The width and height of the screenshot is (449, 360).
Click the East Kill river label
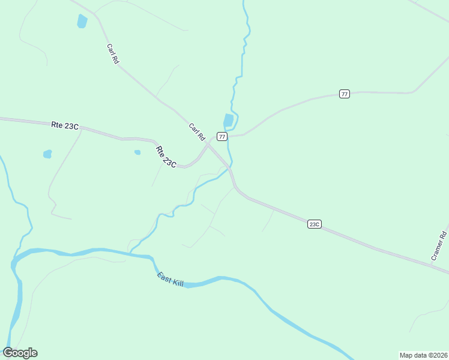pos(170,279)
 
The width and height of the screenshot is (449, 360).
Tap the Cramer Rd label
pos(439,245)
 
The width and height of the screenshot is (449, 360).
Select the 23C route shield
pos(314,224)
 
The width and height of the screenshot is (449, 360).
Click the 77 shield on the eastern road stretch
pos(344,94)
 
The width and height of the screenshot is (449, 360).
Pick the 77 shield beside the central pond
pos(222,137)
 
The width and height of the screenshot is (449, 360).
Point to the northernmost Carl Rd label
pos(112,53)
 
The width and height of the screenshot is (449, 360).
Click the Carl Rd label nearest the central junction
pos(197,132)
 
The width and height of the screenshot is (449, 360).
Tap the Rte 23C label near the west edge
pos(65,125)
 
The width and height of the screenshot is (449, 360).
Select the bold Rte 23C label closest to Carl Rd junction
pos(166,157)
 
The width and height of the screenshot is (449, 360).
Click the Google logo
pos(20,353)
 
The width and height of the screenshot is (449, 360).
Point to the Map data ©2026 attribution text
pos(423,355)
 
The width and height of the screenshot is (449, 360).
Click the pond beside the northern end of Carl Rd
pos(82,22)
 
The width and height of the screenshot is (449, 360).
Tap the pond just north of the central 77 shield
pos(228,121)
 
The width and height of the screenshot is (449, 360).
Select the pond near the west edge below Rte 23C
pos(47,154)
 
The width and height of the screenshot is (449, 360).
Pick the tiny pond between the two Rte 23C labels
pos(137,152)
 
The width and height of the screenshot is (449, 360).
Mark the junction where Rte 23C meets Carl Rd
pos(208,145)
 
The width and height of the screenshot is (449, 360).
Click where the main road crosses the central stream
pos(230,166)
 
